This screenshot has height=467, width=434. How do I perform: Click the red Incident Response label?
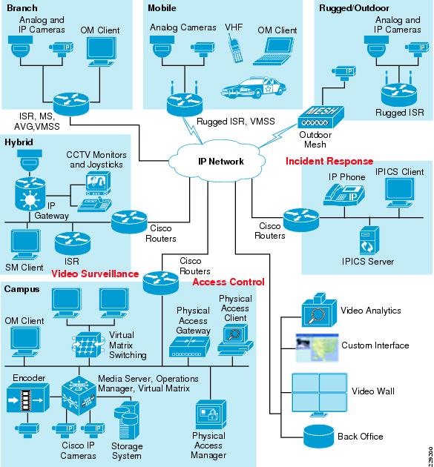(x=318, y=161)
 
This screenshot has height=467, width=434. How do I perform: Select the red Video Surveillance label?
(x=95, y=274)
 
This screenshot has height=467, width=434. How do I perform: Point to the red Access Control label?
(x=228, y=282)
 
